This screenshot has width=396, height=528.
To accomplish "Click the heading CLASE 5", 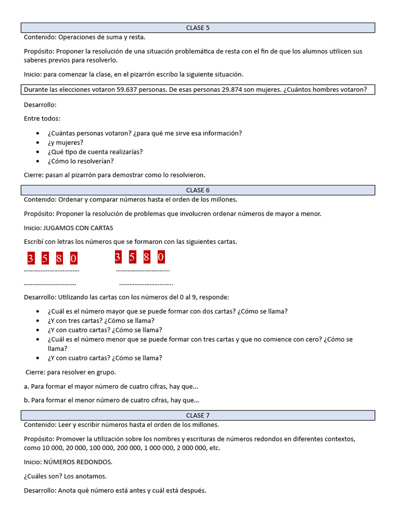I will point(198,28).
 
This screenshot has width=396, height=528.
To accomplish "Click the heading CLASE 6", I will point(198,190).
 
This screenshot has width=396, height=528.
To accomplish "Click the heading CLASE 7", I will point(198,416).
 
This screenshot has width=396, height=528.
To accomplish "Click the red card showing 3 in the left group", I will point(31,258).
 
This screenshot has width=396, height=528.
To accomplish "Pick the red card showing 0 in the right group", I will point(161,257).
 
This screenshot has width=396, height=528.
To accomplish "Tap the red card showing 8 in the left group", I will point(59,258).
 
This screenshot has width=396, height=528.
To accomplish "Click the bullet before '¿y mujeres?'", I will point(39,143).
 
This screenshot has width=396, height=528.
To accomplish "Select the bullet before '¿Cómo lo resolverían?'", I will point(39,161).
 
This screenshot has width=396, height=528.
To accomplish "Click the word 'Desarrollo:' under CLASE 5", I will point(40,105).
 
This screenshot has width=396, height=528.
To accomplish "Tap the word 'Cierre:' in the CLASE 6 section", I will point(36,372).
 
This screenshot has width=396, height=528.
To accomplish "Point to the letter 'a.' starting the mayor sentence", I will point(27,386).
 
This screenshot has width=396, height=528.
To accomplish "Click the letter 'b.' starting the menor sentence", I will point(27,400).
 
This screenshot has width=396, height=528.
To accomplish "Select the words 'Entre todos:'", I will point(42,119).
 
